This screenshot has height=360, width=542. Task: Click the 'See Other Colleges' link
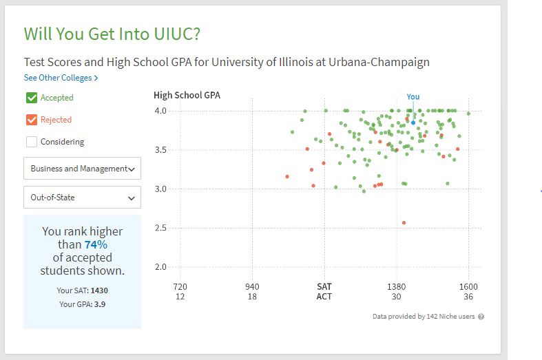tap(61, 78)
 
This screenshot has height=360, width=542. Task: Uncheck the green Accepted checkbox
tap(32, 98)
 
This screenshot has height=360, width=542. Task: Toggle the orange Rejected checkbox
tap(32, 120)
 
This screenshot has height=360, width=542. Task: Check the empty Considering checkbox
tap(32, 142)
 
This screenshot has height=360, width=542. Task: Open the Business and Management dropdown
tap(82, 169)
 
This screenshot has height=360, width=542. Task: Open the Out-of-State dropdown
tap(82, 198)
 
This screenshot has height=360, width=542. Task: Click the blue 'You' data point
tap(413, 122)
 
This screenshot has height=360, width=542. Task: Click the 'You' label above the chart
tap(413, 97)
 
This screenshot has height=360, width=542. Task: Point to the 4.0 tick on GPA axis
tap(160, 111)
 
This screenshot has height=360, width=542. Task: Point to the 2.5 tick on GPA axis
tap(160, 228)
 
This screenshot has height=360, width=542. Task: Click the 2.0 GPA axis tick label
tap(160, 267)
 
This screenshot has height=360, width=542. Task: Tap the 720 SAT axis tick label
tap(180, 286)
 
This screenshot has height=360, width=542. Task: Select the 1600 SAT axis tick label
tap(469, 286)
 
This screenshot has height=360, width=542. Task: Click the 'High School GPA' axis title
tap(187, 96)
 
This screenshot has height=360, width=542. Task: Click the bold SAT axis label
tap(324, 286)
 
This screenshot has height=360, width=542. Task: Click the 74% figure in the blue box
tap(96, 244)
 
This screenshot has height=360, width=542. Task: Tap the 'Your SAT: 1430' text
tap(82, 290)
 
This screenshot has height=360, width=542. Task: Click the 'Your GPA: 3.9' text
tap(82, 304)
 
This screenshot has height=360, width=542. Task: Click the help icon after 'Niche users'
tap(481, 317)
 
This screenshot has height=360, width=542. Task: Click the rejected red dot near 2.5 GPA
tap(404, 222)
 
